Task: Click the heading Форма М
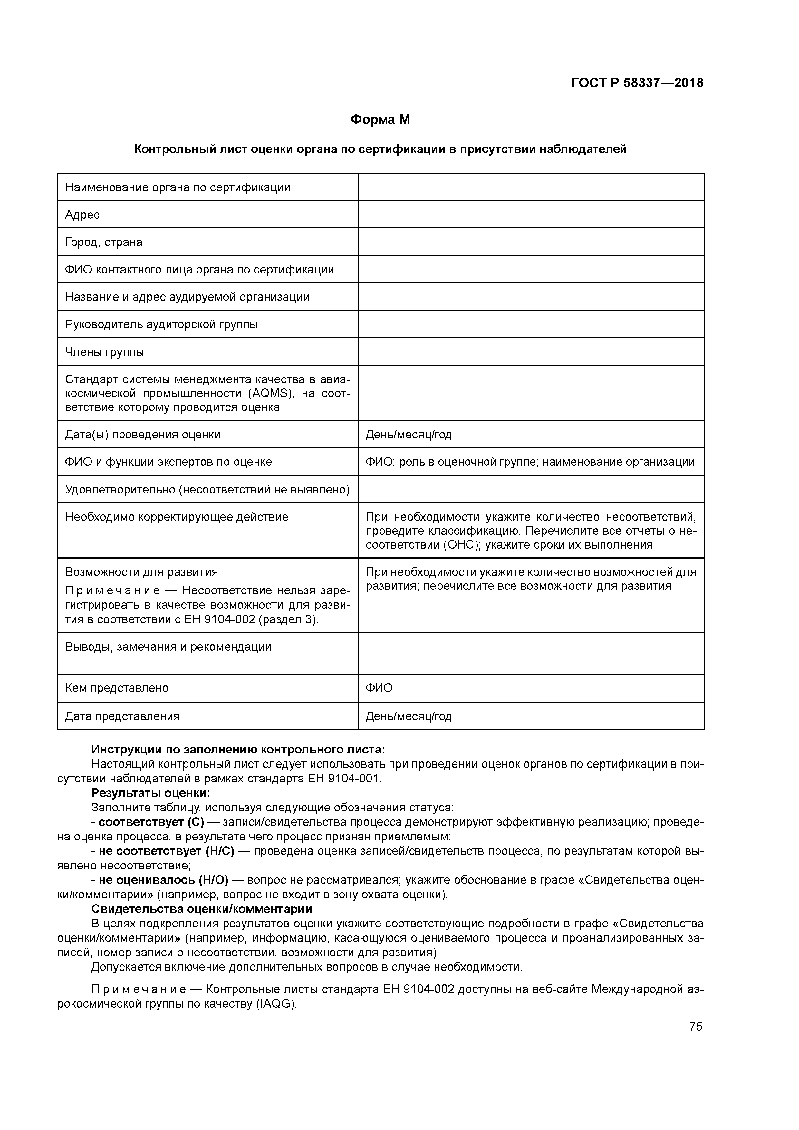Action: click(380, 120)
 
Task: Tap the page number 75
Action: click(696, 1026)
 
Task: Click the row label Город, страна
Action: click(104, 242)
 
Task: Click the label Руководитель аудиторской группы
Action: click(161, 324)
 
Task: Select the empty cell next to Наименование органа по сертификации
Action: click(531, 187)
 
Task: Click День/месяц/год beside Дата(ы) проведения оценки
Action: click(408, 435)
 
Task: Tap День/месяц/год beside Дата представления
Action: click(408, 716)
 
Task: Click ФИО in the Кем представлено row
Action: click(379, 688)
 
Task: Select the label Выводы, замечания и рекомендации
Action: click(168, 647)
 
